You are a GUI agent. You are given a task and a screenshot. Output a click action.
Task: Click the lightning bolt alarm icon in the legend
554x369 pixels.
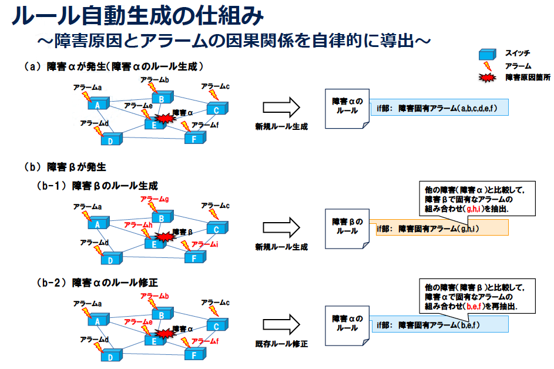pyautogui.click(x=487, y=66)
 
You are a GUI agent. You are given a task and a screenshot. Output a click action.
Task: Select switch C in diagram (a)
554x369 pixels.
pyautogui.click(x=216, y=109)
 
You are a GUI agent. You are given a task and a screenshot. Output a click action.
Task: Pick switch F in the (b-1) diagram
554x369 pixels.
pyautogui.click(x=193, y=256)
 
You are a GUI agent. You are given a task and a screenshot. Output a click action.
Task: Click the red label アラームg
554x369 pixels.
pyautogui.click(x=155, y=199)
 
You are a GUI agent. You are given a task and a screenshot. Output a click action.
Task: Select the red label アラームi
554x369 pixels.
pyautogui.click(x=205, y=244)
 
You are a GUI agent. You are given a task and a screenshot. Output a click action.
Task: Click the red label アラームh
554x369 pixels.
pyautogui.click(x=139, y=225)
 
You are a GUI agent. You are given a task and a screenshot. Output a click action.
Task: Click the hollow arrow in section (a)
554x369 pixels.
pyautogui.click(x=281, y=107)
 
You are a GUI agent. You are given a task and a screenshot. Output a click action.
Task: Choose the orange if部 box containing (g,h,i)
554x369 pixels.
pyautogui.click(x=441, y=229)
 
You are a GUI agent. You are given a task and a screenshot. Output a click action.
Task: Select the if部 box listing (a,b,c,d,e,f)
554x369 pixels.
pyautogui.click(x=439, y=108)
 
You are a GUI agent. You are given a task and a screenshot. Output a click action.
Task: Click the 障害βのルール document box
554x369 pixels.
pyautogui.click(x=347, y=226)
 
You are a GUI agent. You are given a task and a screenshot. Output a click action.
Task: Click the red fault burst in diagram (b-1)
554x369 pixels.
pyautogui.click(x=166, y=236)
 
